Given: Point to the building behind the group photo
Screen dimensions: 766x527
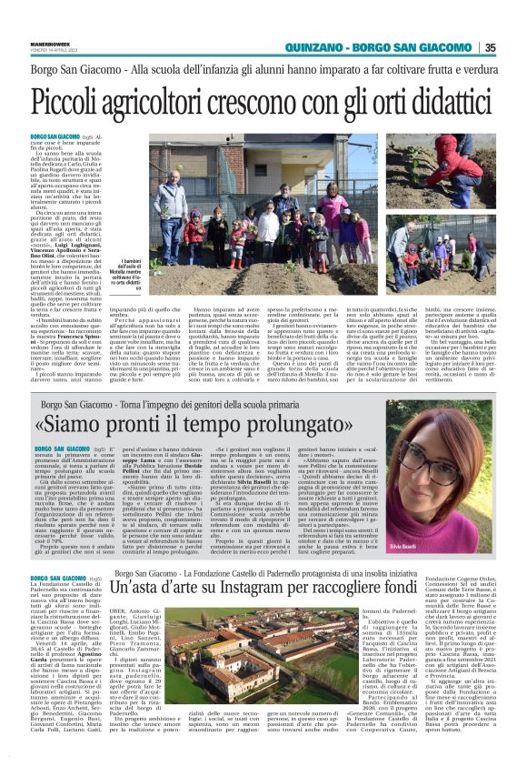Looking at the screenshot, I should tap(273, 164).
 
